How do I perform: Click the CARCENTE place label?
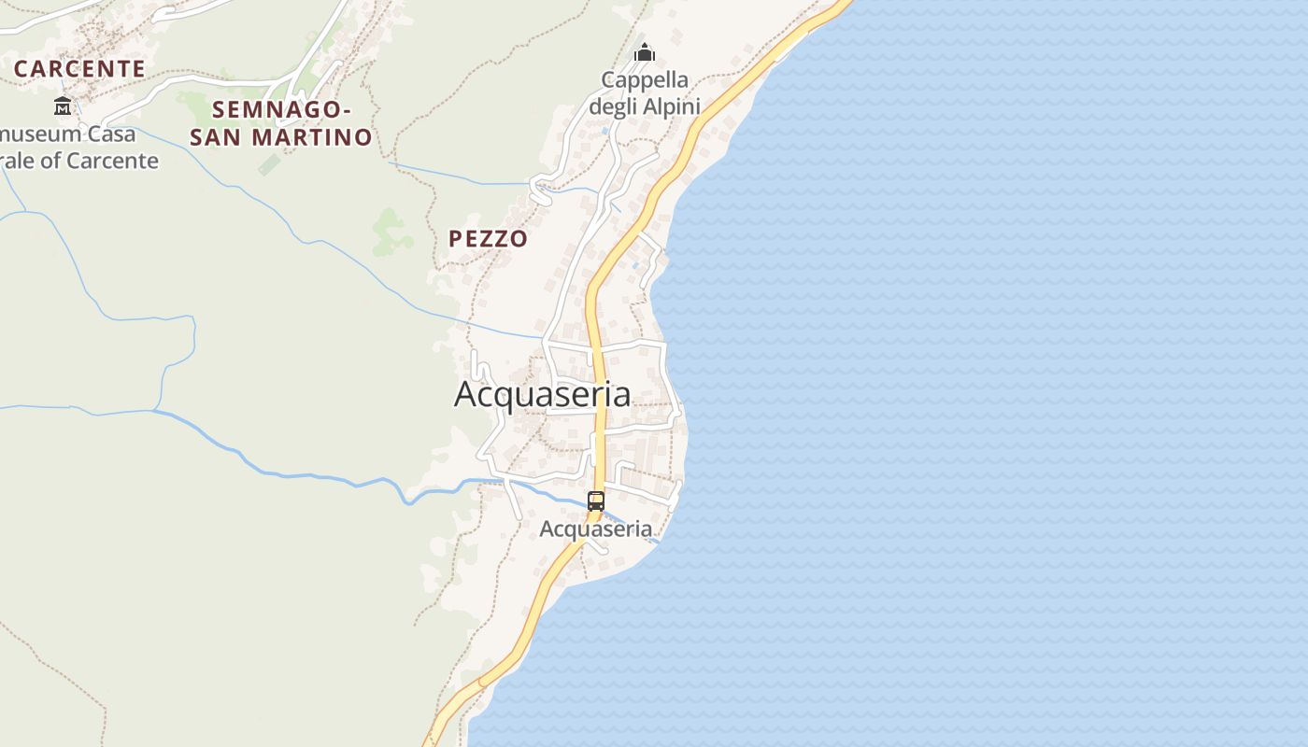(x=79, y=68)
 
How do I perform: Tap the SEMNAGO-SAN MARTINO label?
(x=281, y=123)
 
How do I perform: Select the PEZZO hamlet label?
(x=488, y=239)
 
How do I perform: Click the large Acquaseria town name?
(x=542, y=394)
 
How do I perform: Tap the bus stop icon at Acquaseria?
(x=596, y=501)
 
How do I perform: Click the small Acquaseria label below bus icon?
(x=596, y=529)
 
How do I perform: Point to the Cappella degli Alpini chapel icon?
(x=644, y=53)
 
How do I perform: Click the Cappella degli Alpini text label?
(x=645, y=92)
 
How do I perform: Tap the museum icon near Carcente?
(x=63, y=106)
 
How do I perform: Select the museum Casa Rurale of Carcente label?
(x=79, y=147)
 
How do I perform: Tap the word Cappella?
(x=645, y=79)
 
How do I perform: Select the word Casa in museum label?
(x=112, y=134)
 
